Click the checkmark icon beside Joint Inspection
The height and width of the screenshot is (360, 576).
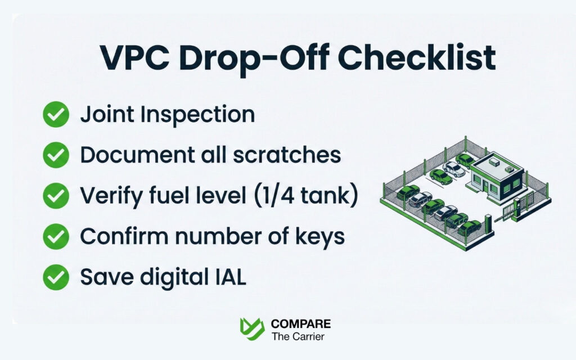(x=56, y=115)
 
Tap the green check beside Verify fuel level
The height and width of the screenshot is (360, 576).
(x=56, y=196)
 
